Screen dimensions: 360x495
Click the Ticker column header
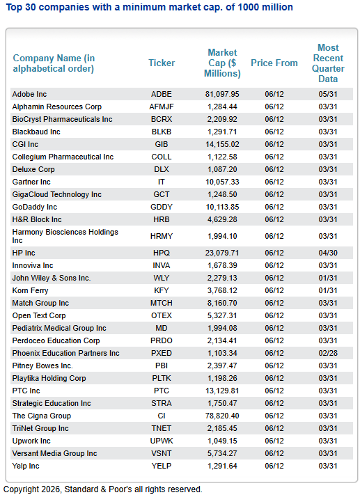click(162, 63)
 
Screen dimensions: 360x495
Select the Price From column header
click(274, 63)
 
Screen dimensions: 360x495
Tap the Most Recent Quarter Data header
click(328, 63)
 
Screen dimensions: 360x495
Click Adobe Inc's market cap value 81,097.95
click(222, 94)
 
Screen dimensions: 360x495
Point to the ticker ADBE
click(162, 94)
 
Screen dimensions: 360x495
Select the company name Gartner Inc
click(31, 182)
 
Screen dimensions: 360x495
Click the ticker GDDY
click(162, 207)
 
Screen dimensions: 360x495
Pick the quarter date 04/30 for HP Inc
click(328, 253)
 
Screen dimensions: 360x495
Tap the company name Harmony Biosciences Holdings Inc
click(65, 236)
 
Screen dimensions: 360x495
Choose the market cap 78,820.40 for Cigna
click(222, 416)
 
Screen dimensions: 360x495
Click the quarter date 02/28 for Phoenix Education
click(328, 353)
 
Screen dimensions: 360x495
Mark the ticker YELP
click(162, 466)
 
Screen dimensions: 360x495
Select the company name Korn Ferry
click(31, 290)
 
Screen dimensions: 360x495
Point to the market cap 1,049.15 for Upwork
click(222, 441)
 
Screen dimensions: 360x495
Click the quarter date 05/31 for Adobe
click(328, 94)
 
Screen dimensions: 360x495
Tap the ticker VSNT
click(162, 453)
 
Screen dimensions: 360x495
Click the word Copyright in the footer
click(21, 489)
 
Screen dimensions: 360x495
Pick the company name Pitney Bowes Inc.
click(42, 366)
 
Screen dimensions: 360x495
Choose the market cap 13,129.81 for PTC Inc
click(222, 391)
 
